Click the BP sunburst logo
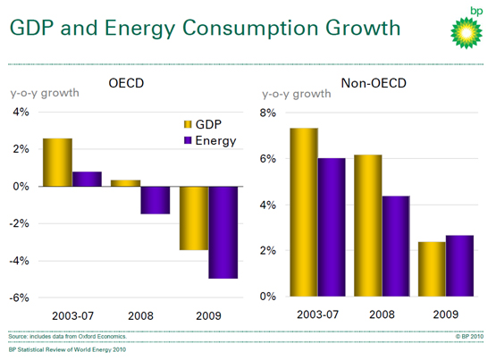tap(467, 33)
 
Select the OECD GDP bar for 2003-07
tap(57, 163)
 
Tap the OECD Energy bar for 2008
tap(156, 200)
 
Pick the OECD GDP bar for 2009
tap(194, 218)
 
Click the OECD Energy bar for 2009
tap(223, 232)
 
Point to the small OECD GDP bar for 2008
tap(126, 183)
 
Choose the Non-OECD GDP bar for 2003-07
tap(304, 212)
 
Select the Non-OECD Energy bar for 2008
tap(396, 247)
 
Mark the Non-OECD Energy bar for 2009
tap(459, 266)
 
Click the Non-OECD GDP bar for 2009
tap(432, 269)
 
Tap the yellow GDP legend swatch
tap(188, 124)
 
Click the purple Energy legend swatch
tap(188, 140)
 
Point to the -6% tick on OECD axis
tap(20, 297)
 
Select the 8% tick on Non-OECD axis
tap(268, 113)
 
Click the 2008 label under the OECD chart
tap(140, 315)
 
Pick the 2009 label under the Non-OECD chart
tap(446, 314)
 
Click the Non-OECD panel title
tap(374, 83)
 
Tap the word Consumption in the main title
tap(250, 28)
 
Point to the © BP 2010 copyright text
tap(469, 336)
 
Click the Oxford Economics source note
tap(67, 336)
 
